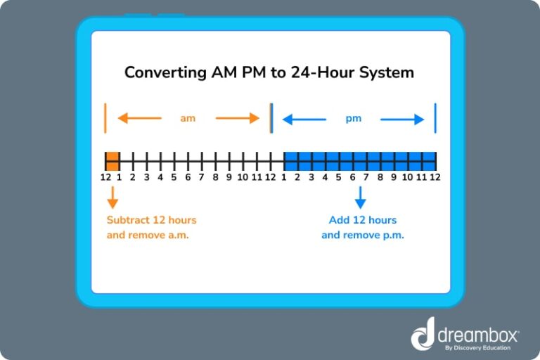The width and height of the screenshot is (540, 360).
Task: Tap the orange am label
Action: pos(188,118)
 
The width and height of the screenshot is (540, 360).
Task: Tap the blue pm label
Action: pos(353,118)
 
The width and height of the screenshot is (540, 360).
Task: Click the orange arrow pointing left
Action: pos(139,118)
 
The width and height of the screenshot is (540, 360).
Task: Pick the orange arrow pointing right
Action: pos(238,118)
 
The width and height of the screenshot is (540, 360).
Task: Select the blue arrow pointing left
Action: pos(304,119)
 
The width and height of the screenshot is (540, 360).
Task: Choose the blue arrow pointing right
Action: pos(403,119)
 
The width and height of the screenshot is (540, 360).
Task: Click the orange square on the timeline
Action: pos(112,160)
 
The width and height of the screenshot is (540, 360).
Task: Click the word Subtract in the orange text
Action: pos(129,220)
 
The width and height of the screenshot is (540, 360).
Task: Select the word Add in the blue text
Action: pos(339,220)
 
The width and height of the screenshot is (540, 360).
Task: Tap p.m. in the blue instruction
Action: pos(392,235)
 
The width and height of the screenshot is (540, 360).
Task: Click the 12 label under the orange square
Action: pos(105,177)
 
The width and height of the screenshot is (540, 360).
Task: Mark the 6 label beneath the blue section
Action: pos(352,177)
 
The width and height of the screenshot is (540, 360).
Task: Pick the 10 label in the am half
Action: pos(243,177)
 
